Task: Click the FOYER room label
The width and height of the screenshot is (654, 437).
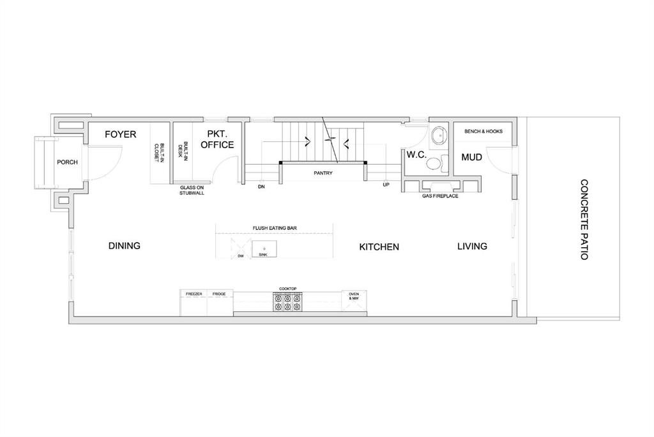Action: tap(121, 134)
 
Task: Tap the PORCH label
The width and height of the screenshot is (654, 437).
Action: tap(67, 162)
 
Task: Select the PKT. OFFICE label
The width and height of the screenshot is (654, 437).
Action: tap(217, 139)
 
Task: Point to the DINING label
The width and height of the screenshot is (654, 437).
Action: tap(125, 246)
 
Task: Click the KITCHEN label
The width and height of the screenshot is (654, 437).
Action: tap(379, 247)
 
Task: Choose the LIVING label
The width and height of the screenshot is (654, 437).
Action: tap(472, 246)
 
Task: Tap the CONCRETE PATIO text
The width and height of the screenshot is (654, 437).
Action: tap(584, 220)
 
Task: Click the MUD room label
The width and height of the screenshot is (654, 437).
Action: tap(472, 157)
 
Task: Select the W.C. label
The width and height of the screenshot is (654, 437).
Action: tap(416, 155)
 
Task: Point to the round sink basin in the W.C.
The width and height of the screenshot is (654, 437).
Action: tap(438, 135)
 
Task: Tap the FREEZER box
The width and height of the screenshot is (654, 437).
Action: tap(194, 302)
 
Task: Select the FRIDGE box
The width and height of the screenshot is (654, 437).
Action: tap(220, 302)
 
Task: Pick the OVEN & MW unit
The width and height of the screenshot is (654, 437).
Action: tap(354, 300)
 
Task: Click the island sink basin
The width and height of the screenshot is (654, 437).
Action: tap(264, 249)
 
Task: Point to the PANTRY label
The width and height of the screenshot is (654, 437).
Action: tap(323, 172)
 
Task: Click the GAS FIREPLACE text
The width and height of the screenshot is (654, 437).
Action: tap(440, 195)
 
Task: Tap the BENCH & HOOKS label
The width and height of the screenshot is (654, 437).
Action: tap(483, 131)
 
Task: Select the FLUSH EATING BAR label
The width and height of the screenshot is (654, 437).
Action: tap(275, 228)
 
